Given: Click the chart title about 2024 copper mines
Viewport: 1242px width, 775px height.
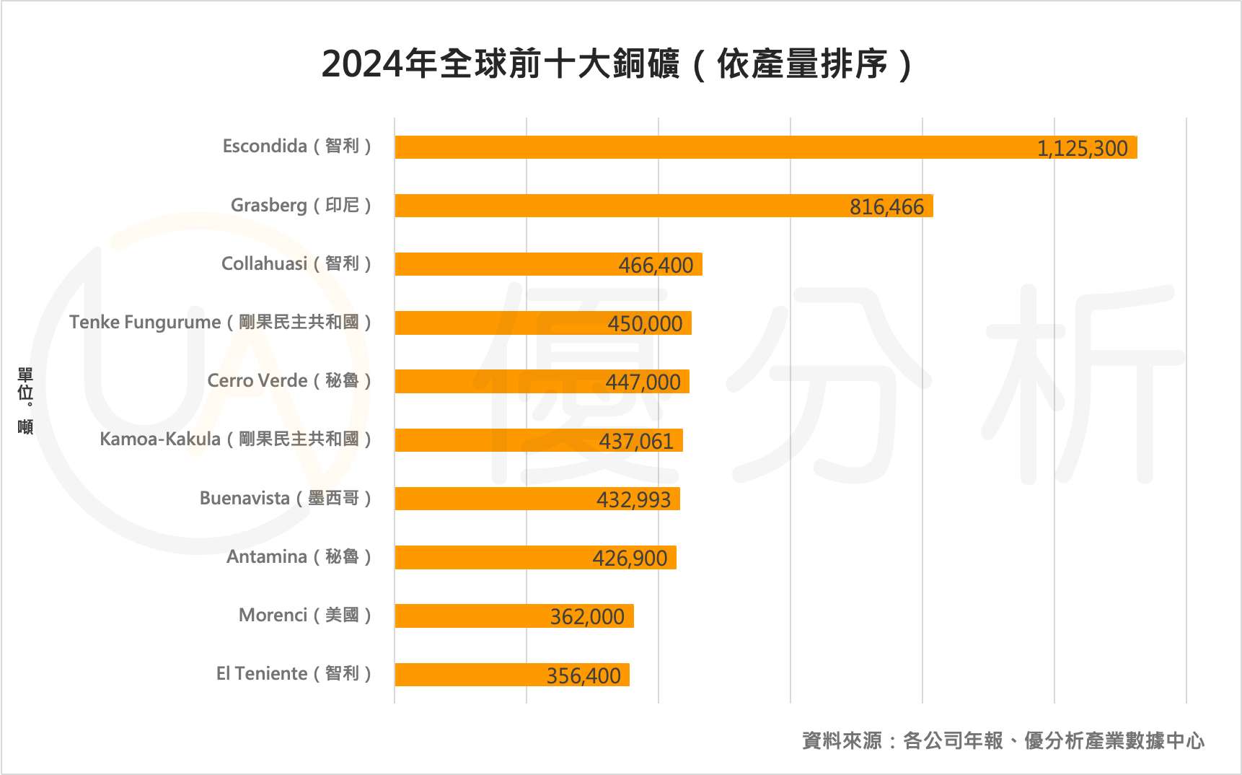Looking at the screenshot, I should (617, 64).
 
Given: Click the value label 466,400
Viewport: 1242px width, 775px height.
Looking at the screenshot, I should (656, 265).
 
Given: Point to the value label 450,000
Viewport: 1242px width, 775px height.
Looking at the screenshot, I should (645, 323).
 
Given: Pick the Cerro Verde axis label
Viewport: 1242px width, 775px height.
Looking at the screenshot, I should (289, 380).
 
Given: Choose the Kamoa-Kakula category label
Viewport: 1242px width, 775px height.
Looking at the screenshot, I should (235, 439).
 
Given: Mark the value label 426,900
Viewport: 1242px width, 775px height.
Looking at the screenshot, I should (630, 558).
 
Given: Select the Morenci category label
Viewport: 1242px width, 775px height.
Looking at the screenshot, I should (305, 615).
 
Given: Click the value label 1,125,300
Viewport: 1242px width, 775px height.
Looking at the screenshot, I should (1082, 148).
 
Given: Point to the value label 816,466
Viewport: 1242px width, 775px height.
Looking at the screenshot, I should (886, 207).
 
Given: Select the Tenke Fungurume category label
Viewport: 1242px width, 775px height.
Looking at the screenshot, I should (220, 322).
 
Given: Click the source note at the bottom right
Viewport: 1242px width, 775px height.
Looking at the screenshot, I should (1003, 740).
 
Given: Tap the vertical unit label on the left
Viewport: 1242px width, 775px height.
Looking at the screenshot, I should (25, 400).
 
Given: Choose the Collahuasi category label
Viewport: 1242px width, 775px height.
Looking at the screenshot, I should (296, 263).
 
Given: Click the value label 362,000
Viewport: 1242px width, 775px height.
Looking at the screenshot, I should (587, 617).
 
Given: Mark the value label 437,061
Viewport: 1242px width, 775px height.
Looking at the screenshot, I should (636, 441).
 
